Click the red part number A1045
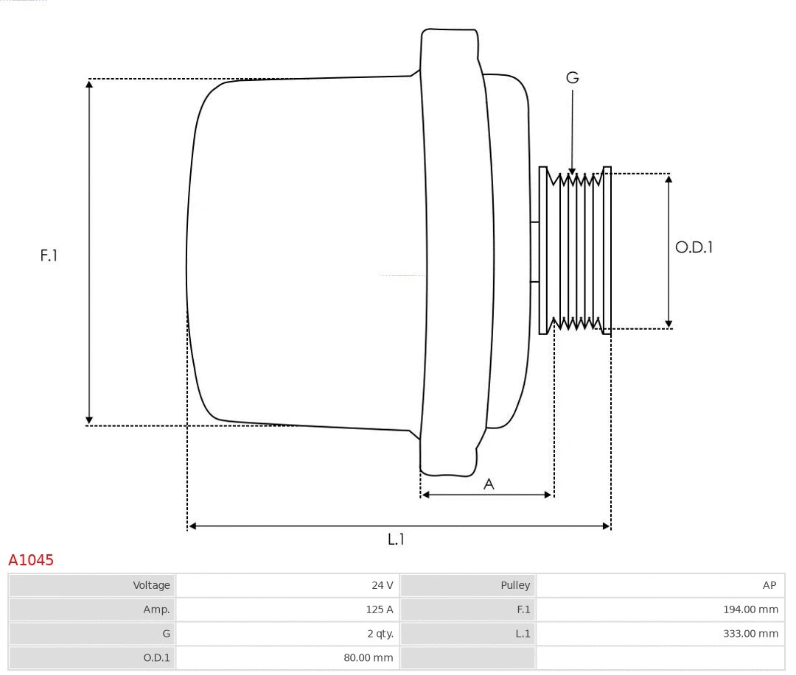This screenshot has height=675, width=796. tap(31, 560)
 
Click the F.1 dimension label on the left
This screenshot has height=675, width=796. tap(49, 255)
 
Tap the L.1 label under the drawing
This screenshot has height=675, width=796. tap(397, 540)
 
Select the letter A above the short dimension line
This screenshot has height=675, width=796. tap(489, 484)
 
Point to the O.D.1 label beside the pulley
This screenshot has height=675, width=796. tap(694, 247)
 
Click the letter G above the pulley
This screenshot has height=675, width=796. tap(572, 77)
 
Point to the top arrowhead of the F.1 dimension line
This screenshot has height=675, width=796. tap(89, 83)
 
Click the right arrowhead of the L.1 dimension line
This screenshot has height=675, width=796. tap(607, 526)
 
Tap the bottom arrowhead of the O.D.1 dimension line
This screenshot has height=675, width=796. tap(668, 323)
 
